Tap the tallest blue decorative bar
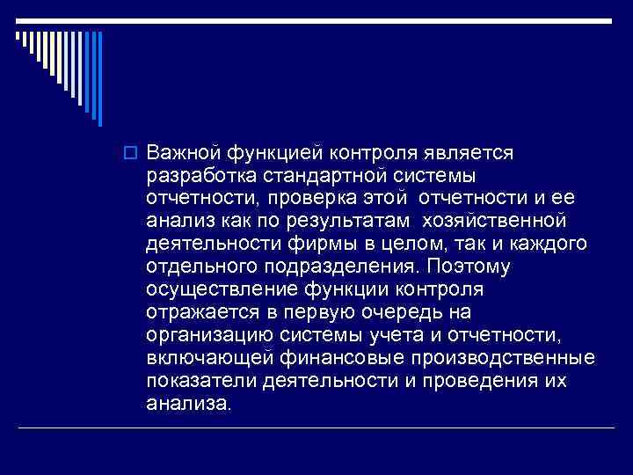click(99, 78)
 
